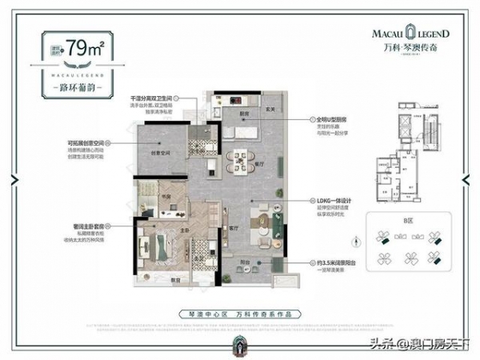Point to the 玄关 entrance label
[270, 109]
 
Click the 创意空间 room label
[162, 154]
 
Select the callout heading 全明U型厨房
[338, 116]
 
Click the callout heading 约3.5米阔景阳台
[343, 262]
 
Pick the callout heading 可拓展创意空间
[87, 144]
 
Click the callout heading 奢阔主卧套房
[88, 227]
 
